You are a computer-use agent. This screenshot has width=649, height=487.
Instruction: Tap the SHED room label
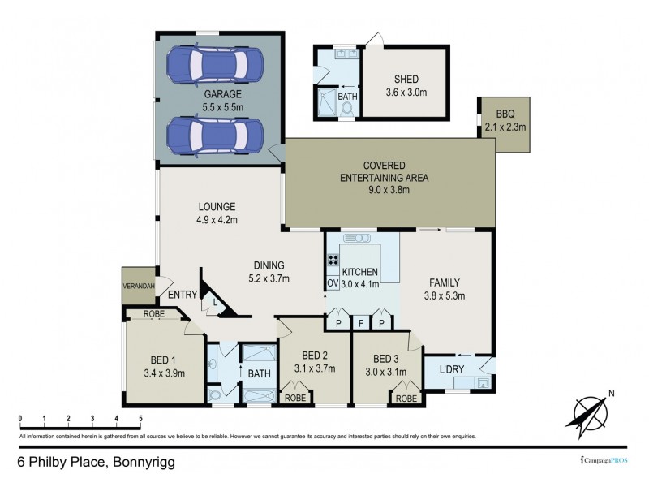coord(406,79)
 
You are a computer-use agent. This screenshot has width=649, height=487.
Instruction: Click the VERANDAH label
coord(138,286)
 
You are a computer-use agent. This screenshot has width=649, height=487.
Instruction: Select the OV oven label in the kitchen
coord(332,283)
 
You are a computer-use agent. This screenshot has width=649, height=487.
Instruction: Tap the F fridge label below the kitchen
coord(360,322)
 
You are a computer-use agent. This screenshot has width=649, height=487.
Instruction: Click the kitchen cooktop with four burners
coord(332,261)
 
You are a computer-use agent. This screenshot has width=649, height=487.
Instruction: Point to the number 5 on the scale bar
coord(141,419)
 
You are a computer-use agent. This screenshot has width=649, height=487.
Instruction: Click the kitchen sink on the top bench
coord(355,239)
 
